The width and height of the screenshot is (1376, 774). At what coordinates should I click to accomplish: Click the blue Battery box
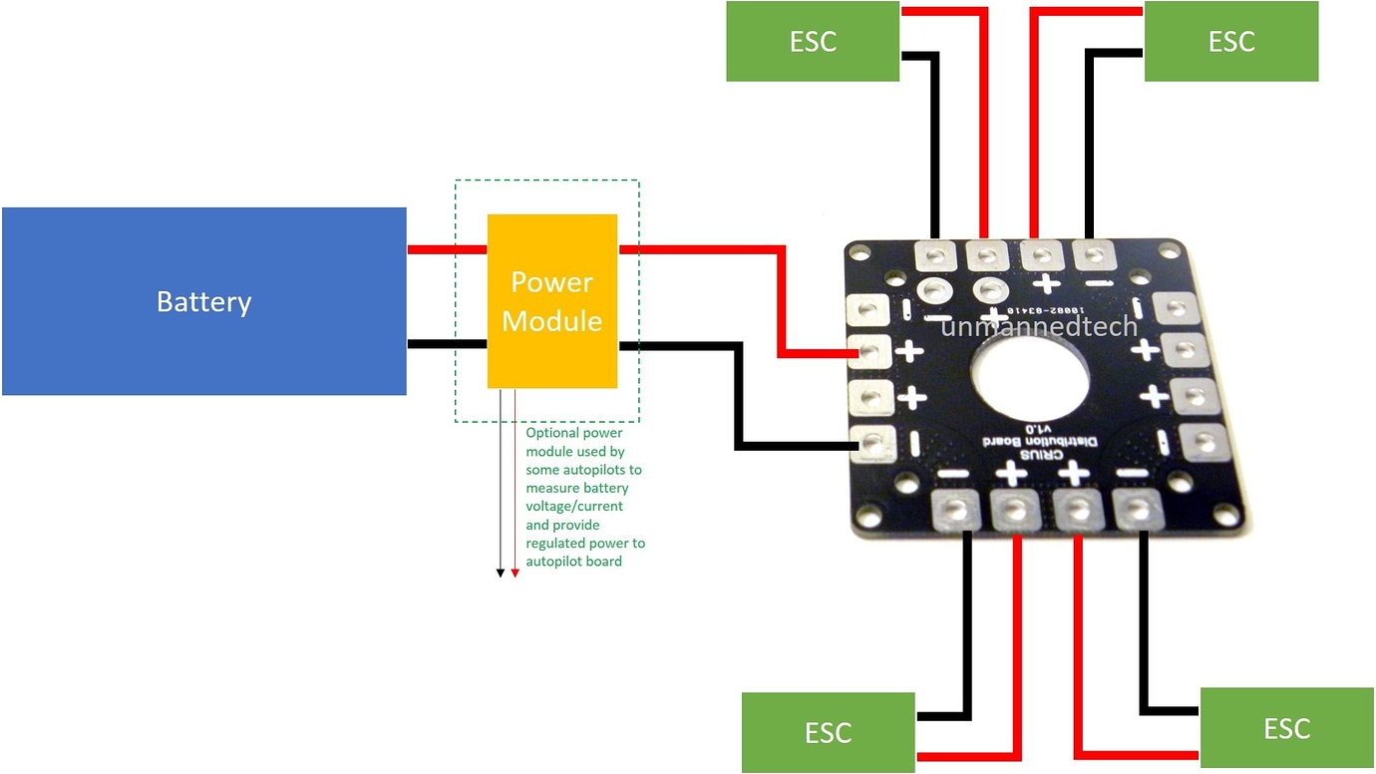[203, 301]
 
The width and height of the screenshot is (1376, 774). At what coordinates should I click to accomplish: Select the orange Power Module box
[551, 301]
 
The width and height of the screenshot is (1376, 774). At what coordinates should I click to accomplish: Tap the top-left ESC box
[812, 41]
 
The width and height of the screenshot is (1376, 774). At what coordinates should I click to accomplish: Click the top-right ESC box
[1230, 41]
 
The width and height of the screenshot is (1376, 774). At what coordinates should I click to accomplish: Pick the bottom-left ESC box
[828, 732]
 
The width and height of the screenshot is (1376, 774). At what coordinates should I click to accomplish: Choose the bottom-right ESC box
[1286, 727]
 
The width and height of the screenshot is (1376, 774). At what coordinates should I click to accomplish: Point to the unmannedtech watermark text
[1040, 325]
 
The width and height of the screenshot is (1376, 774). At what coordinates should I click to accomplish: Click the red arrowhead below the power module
[515, 573]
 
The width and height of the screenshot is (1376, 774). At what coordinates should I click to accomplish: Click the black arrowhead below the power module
[501, 573]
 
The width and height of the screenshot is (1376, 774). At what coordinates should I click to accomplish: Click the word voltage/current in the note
[574, 506]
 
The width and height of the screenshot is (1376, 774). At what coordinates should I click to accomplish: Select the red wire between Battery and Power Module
[447, 249]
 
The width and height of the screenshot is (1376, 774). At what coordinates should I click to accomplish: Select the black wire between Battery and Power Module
[447, 344]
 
